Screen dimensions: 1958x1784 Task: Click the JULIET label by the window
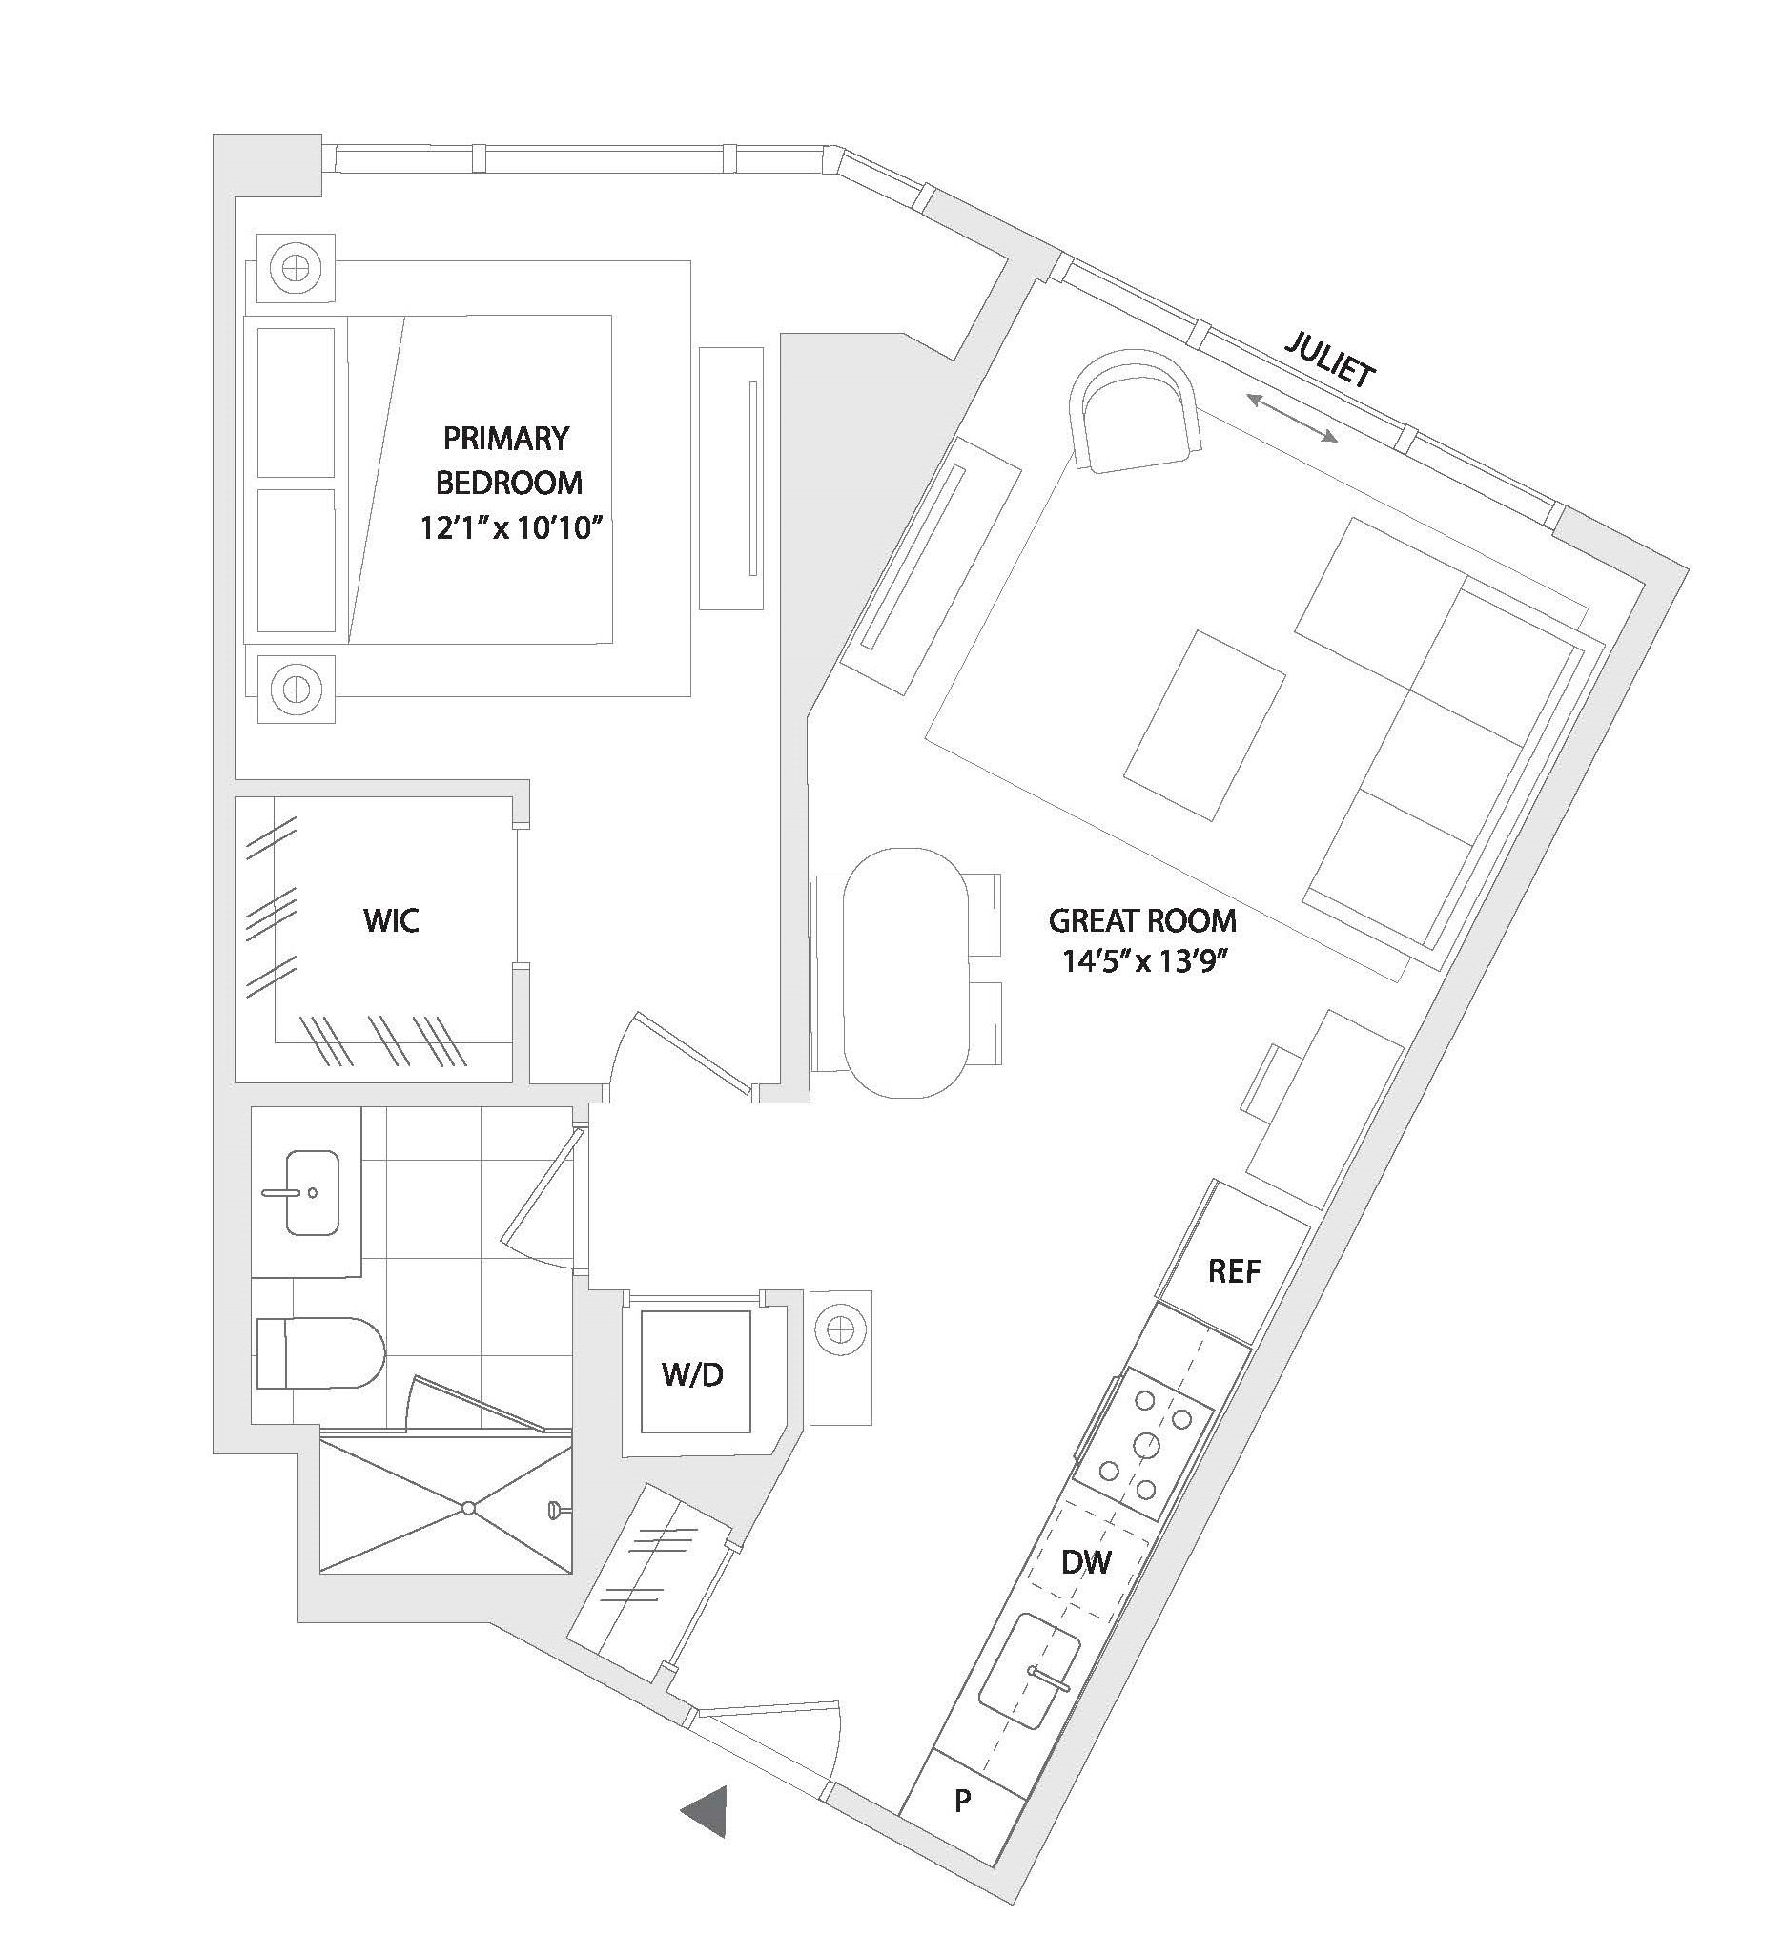(1329, 359)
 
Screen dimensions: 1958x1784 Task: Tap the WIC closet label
(390, 919)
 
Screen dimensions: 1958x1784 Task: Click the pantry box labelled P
(962, 1802)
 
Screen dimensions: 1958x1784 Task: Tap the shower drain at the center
(468, 1509)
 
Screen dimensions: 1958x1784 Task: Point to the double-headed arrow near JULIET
(1292, 419)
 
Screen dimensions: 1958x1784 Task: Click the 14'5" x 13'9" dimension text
(1142, 963)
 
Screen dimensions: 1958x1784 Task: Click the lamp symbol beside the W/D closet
(840, 1326)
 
